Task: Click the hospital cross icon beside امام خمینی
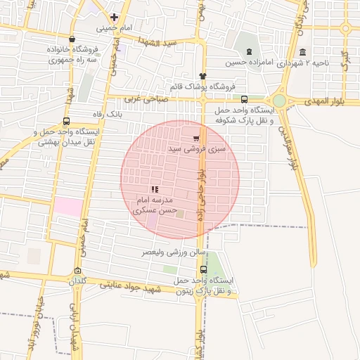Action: pos(113,17)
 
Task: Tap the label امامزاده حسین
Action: pos(250,63)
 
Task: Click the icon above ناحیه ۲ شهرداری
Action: pos(302,52)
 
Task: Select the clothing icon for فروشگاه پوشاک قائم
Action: pos(202,76)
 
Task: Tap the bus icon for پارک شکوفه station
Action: pos(244,99)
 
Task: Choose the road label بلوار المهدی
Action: pos(333,103)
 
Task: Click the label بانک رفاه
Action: pos(108,113)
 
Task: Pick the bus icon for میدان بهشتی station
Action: pos(67,121)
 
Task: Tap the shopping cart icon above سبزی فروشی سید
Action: pos(195,138)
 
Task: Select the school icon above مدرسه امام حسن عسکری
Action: pos(155,189)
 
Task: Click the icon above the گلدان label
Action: pos(77,271)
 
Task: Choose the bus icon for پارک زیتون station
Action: pos(204,269)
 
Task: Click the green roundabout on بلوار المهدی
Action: pos(280,101)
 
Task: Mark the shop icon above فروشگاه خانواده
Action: pos(72,39)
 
